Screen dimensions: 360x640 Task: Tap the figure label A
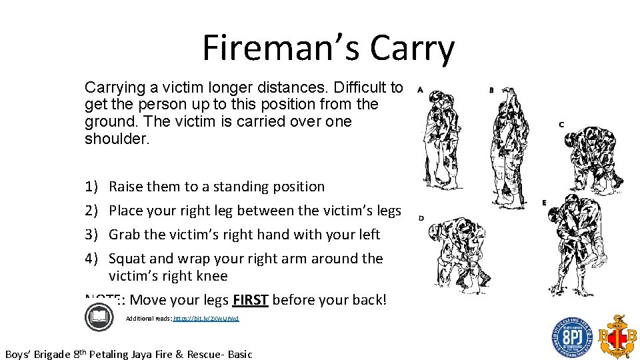419,89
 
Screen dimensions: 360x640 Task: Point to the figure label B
491,89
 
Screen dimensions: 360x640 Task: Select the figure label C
561,125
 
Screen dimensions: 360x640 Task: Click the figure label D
421,218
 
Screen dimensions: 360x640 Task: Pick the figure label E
544,202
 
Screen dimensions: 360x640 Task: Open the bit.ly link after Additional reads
205,319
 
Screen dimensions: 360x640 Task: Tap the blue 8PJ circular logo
571,337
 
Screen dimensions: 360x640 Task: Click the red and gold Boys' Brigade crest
616,336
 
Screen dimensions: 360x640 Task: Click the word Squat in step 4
128,259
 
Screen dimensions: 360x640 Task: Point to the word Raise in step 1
126,187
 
